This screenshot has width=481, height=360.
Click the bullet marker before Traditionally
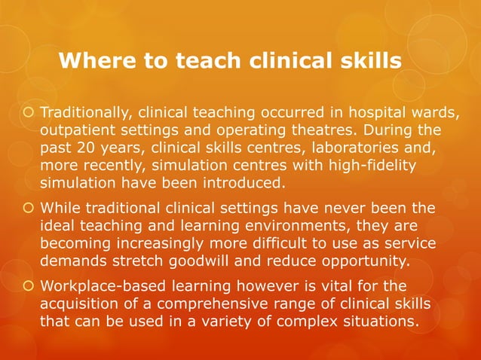click(28, 114)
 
